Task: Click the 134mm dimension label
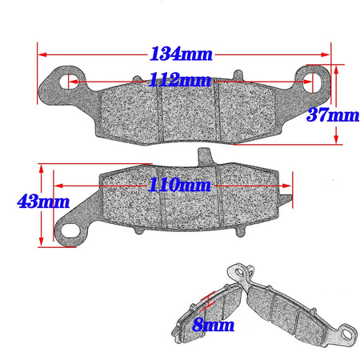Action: tap(181, 54)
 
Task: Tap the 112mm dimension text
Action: tap(180, 81)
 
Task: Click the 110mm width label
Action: tap(178, 185)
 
